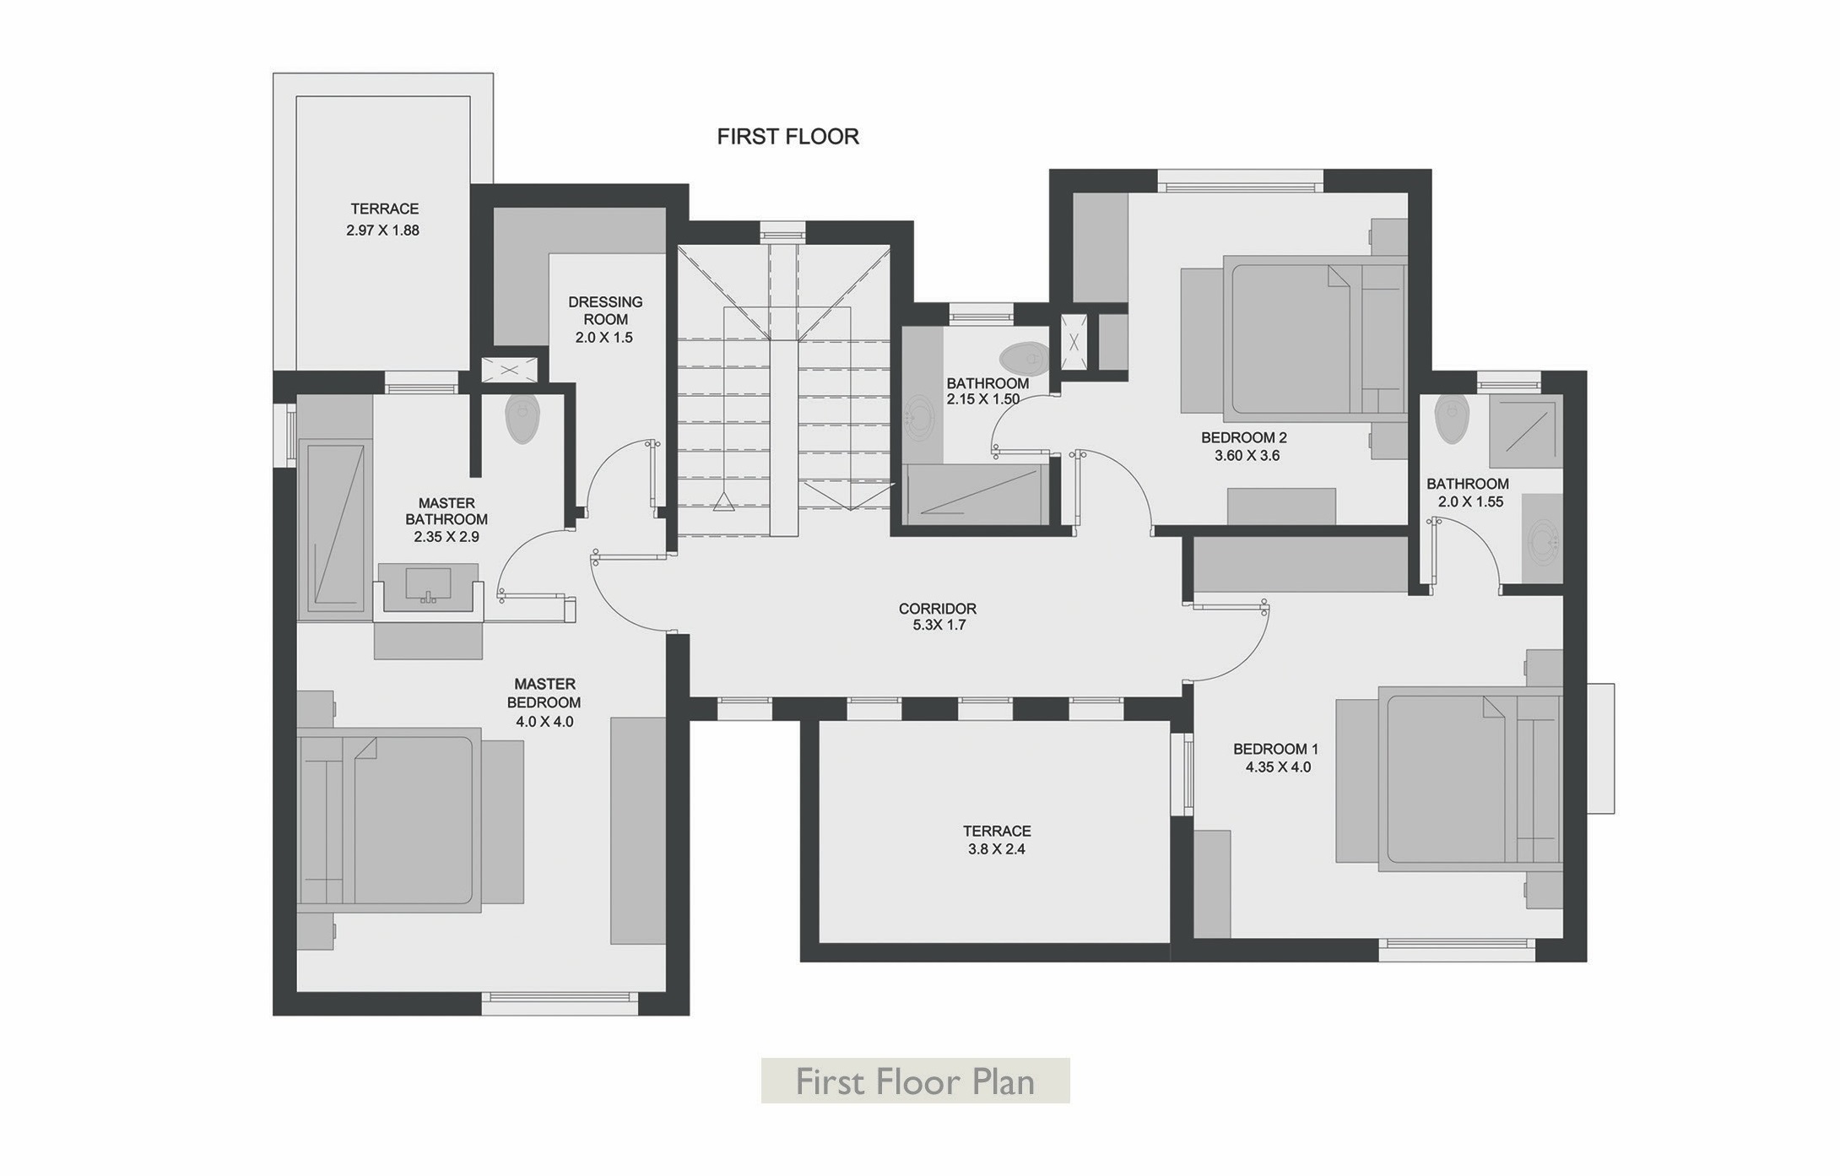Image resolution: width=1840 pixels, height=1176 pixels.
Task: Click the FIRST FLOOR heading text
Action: click(787, 137)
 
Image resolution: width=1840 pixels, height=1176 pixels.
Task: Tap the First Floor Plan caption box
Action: click(915, 1081)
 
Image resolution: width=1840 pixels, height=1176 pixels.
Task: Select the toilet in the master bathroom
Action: click(522, 419)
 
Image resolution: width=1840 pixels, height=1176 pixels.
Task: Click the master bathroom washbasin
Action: click(429, 584)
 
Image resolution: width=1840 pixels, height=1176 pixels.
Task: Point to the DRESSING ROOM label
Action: click(605, 311)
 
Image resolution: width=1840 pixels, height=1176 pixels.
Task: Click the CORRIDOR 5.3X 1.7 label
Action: click(937, 616)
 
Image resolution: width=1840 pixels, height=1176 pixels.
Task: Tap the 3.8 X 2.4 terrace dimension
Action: click(997, 849)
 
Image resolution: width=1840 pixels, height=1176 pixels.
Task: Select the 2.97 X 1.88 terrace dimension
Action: click(382, 230)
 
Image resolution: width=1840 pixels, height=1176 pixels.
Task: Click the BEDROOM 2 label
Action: click(1243, 437)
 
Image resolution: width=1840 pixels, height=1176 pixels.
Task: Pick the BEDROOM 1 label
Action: click(1275, 749)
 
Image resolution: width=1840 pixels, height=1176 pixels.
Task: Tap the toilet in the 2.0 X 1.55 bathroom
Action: click(1452, 419)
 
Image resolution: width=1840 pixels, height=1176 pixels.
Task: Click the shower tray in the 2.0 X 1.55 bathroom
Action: click(1525, 431)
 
